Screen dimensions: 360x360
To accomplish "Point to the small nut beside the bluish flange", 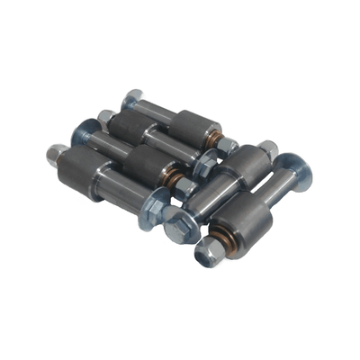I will point(105,118).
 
